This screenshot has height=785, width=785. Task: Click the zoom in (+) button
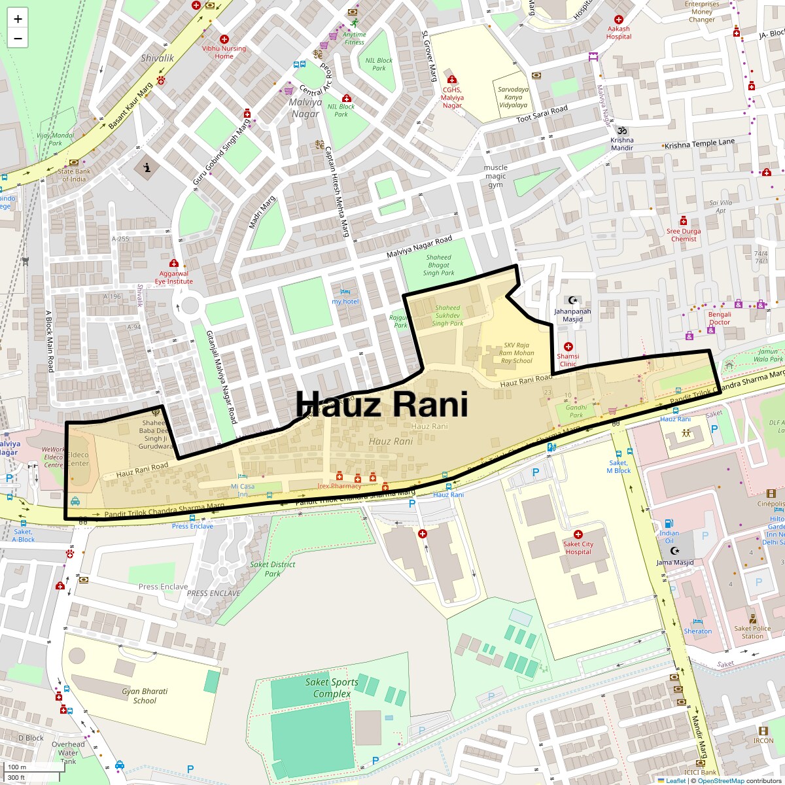tap(18, 19)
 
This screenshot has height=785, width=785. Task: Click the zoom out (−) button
tap(18, 39)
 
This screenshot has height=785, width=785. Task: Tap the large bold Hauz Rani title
tap(382, 404)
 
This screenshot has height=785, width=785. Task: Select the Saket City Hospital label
tap(578, 548)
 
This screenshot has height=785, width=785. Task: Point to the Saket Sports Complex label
tap(332, 688)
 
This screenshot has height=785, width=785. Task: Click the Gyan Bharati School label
tap(145, 695)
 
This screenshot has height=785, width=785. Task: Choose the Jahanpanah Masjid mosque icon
tap(573, 300)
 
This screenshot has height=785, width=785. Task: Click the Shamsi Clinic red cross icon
tap(568, 346)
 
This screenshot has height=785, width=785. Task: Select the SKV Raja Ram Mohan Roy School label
tap(516, 353)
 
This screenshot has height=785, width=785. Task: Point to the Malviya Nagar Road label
tap(419, 247)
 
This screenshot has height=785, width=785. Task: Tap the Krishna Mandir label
tap(622, 144)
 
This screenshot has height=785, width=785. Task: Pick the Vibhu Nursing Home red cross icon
tap(224, 39)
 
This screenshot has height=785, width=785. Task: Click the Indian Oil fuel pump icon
tap(669, 523)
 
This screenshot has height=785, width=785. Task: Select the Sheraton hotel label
tap(698, 631)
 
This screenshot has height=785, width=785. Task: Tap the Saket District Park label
tap(272, 569)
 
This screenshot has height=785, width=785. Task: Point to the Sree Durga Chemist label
tap(684, 235)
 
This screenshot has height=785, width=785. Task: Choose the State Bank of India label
tap(74, 175)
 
